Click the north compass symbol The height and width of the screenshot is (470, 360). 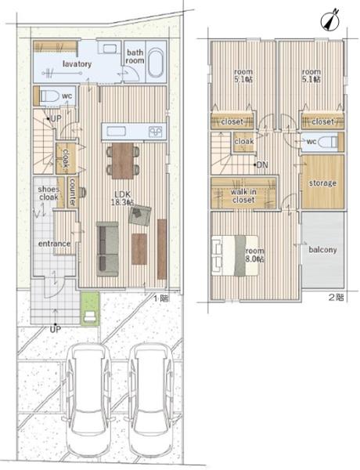click(x=330, y=20)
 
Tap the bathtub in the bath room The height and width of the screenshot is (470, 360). click(x=157, y=63)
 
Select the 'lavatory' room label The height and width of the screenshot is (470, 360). click(x=77, y=64)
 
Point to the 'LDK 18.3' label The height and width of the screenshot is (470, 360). click(x=123, y=198)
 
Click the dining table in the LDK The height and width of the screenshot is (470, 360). click(x=123, y=161)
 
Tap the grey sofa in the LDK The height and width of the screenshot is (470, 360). click(x=107, y=249)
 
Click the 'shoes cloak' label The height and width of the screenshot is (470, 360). click(x=49, y=193)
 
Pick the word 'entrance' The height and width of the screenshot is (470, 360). click(x=55, y=244)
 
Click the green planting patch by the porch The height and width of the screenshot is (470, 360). click(x=90, y=309)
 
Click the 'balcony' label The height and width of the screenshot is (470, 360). click(x=322, y=250)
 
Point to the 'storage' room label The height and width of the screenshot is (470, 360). click(x=322, y=183)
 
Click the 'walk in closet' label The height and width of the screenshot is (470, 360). click(x=243, y=196)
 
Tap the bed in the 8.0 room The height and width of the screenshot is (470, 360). click(x=235, y=255)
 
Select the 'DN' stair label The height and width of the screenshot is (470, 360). click(x=262, y=164)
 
